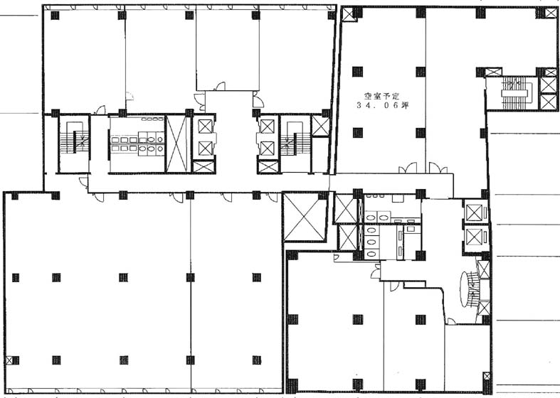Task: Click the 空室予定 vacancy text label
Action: click(x=381, y=96)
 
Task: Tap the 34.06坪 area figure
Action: click(x=382, y=106)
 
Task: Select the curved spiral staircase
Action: click(x=469, y=289)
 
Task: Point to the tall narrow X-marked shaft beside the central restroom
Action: click(x=176, y=144)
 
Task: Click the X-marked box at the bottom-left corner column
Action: click(x=11, y=360)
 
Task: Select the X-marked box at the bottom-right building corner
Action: click(x=487, y=377)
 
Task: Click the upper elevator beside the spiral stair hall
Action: click(x=474, y=213)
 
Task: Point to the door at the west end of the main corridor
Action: click(x=83, y=183)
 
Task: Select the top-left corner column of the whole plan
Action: click(x=55, y=16)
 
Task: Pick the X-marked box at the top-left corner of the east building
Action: click(x=347, y=14)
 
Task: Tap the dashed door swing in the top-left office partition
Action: click(x=130, y=96)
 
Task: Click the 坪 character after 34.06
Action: click(x=405, y=106)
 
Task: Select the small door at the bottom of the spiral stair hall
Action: click(x=450, y=321)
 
